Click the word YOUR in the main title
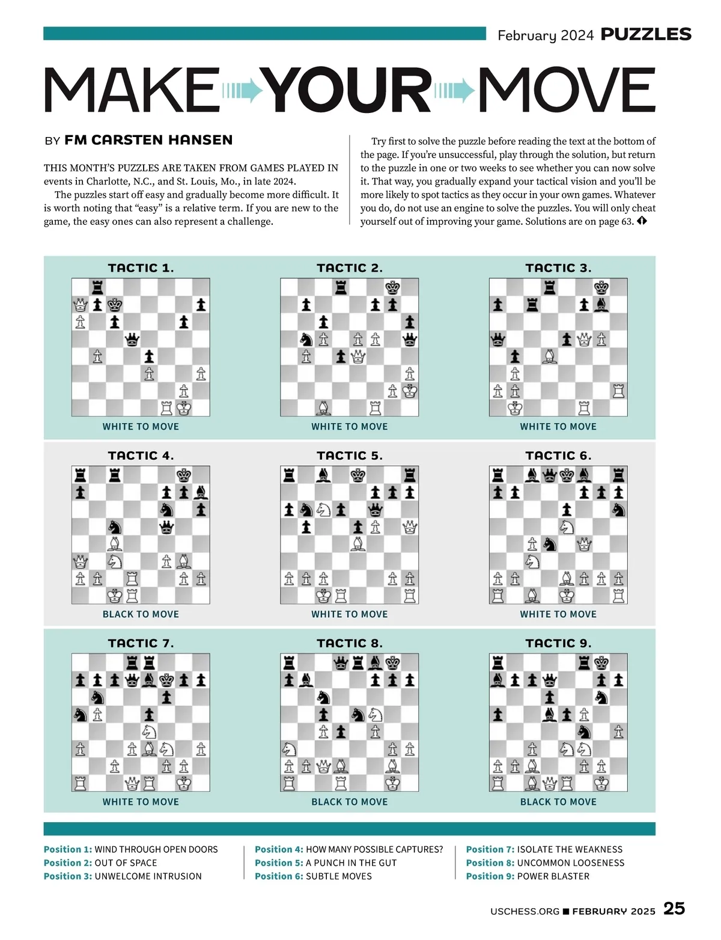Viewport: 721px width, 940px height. pyautogui.click(x=348, y=90)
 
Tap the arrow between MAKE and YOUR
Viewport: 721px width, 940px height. pyautogui.click(x=243, y=91)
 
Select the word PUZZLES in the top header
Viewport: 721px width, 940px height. pyautogui.click(x=646, y=34)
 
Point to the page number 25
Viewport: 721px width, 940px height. pyautogui.click(x=674, y=908)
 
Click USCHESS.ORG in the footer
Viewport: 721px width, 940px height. pyautogui.click(x=525, y=911)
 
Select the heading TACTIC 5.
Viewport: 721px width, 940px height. pyautogui.click(x=350, y=456)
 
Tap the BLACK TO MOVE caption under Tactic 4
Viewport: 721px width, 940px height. pyautogui.click(x=141, y=614)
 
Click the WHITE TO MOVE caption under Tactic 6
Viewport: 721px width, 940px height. pyautogui.click(x=558, y=614)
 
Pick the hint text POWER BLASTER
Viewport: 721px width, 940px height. pyautogui.click(x=553, y=876)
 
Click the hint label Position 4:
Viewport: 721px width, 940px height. pyautogui.click(x=279, y=849)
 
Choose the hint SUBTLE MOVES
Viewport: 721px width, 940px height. pyautogui.click(x=339, y=876)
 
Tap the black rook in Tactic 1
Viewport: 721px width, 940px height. pyautogui.click(x=97, y=287)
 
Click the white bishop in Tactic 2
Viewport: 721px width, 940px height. pyautogui.click(x=324, y=409)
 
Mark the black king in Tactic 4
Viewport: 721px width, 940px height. pyautogui.click(x=184, y=475)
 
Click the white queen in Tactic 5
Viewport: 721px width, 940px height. pyautogui.click(x=410, y=528)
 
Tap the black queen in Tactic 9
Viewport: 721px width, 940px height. pyautogui.click(x=549, y=680)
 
